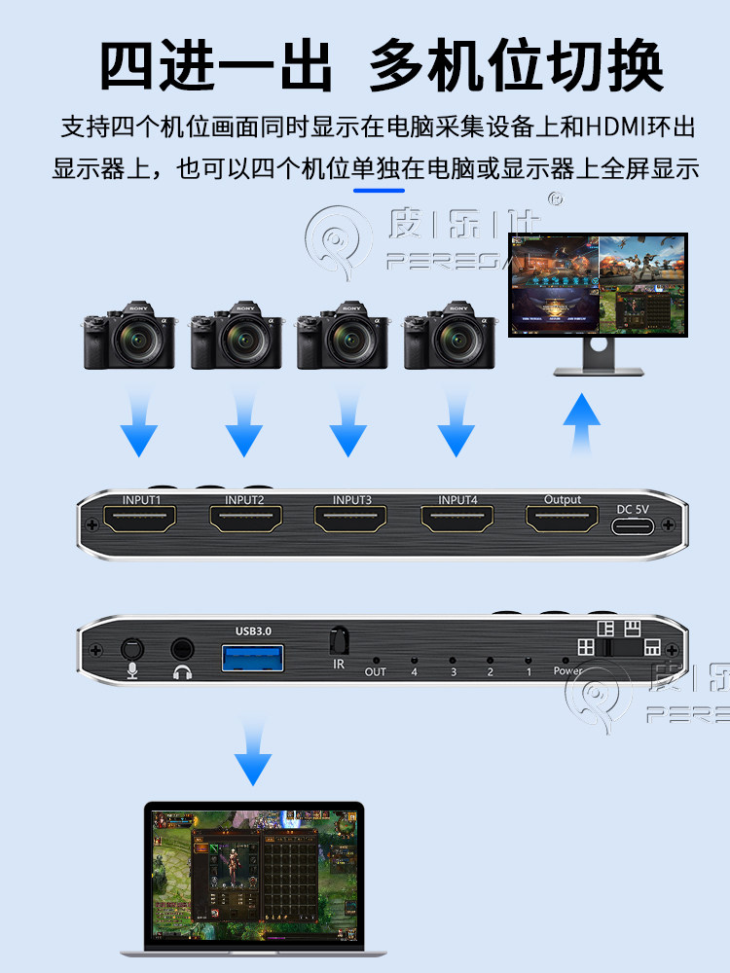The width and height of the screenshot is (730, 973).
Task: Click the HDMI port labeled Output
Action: point(562,521)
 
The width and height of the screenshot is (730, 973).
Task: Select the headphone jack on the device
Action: point(181,648)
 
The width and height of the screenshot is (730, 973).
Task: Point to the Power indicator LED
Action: point(566,659)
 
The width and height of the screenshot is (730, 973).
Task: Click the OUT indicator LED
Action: point(376,659)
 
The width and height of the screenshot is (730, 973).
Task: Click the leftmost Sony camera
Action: point(128,336)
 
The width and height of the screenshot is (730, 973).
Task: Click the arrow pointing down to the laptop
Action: point(254,748)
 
